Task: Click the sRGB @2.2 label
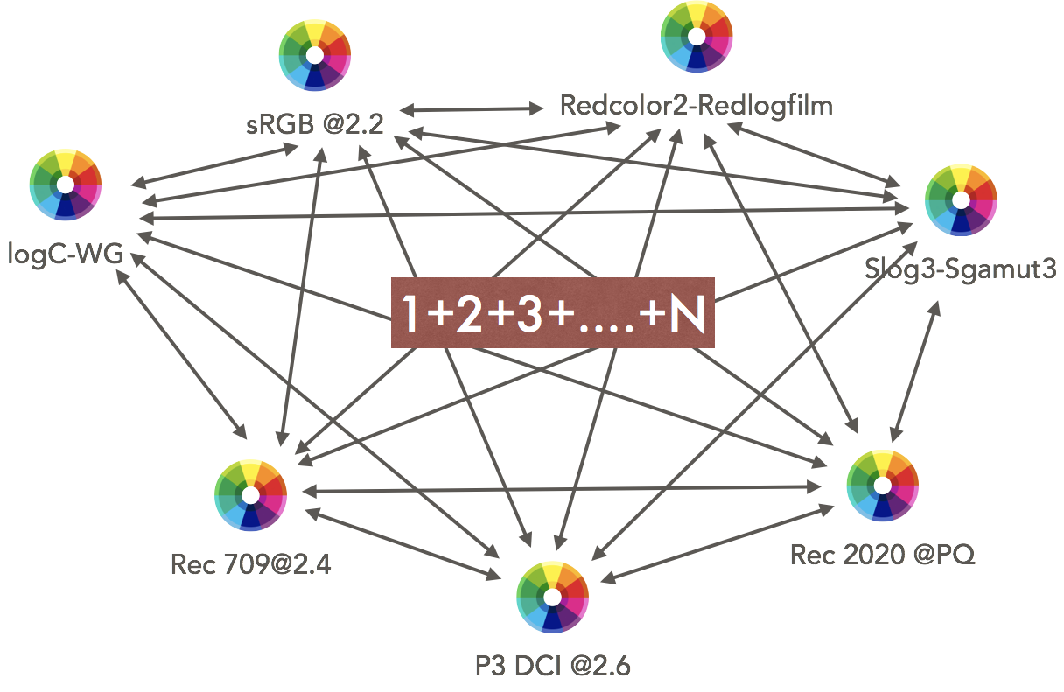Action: tap(315, 124)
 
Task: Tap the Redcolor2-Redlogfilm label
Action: tap(696, 106)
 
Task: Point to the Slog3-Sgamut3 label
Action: tap(960, 269)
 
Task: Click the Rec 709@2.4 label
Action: tap(251, 563)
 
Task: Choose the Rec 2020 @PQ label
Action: tap(882, 554)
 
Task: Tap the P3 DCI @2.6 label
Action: tap(552, 665)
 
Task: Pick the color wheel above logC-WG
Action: tap(66, 185)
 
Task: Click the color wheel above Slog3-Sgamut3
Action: tap(961, 200)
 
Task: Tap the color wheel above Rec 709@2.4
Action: tap(251, 494)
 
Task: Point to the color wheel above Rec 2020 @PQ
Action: tap(882, 485)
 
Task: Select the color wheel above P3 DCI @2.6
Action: tap(552, 597)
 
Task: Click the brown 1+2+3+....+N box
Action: tap(552, 313)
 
